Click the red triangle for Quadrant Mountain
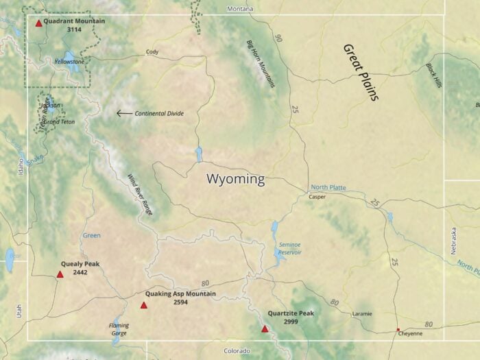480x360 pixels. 38,23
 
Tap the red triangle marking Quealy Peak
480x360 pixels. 60,274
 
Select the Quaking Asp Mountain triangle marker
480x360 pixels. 144,305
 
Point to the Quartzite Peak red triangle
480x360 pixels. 265,329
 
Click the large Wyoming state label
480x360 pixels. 235,180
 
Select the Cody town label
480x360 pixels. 152,52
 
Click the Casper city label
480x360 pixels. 317,197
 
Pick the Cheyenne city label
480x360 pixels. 411,333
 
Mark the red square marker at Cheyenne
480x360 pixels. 398,330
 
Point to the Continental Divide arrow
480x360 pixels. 123,113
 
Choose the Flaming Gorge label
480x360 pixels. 119,330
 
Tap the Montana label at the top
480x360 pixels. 240,9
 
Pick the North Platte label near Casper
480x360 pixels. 328,187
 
